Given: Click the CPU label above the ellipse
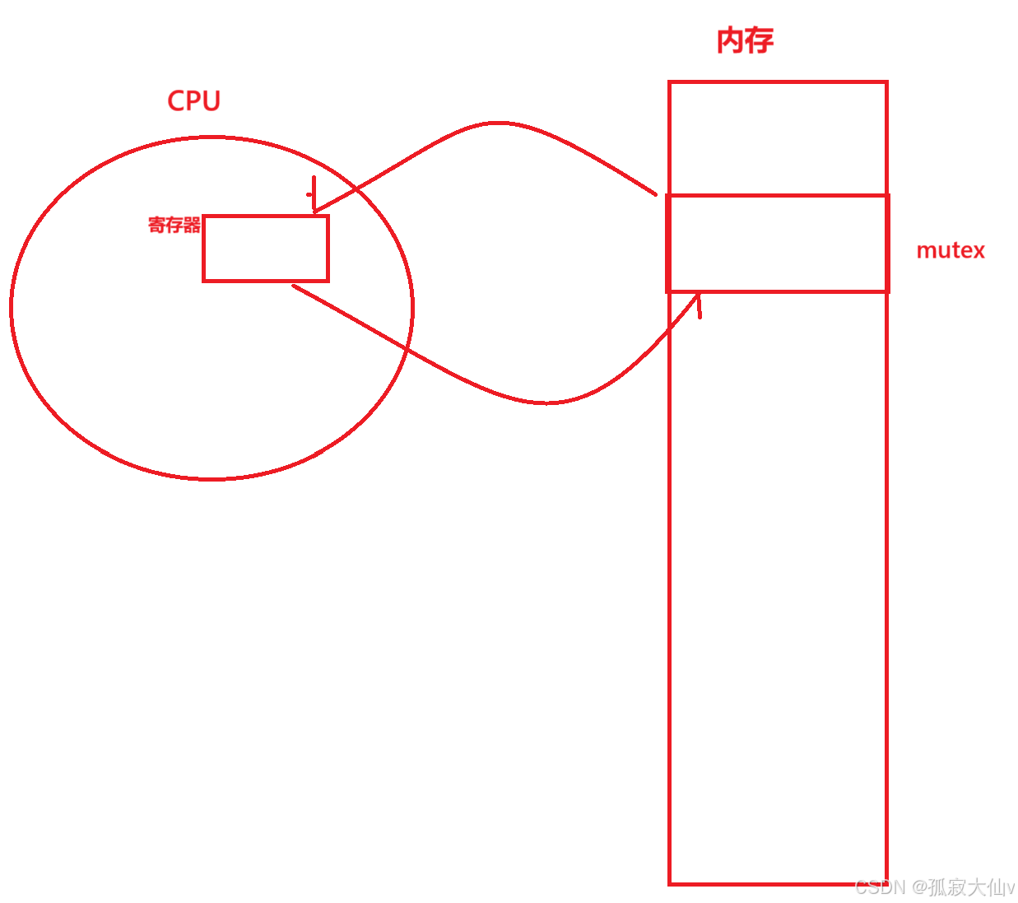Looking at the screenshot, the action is click(x=194, y=100).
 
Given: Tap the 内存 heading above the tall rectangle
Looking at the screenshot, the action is click(x=745, y=40).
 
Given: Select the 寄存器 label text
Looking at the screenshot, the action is click(x=174, y=225).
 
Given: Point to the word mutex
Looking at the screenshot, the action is click(x=951, y=250).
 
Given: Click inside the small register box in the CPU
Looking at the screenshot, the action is click(x=266, y=249).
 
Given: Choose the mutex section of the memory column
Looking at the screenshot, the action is click(x=778, y=244).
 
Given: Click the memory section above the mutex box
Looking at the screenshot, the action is click(x=778, y=138).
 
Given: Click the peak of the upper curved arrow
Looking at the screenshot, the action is click(x=498, y=123).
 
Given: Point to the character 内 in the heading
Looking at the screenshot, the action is click(x=731, y=40).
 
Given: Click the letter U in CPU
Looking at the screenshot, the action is click(x=212, y=100).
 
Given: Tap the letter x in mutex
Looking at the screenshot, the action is click(x=978, y=250).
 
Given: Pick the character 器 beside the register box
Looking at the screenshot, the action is click(x=192, y=225).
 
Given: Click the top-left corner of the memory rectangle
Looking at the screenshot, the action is click(x=670, y=82).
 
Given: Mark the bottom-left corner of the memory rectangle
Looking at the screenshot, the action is click(x=670, y=884).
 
